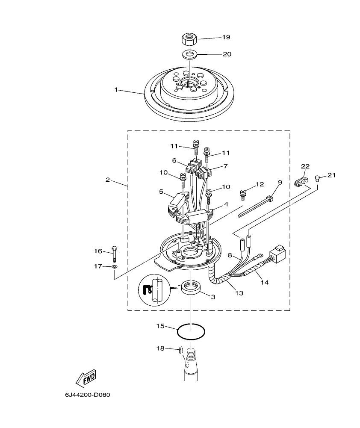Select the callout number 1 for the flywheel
(x=115, y=90)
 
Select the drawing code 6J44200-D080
(x=88, y=395)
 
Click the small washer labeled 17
(x=114, y=267)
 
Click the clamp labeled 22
(x=301, y=182)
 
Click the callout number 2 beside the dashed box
(x=108, y=180)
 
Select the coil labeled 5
(x=174, y=203)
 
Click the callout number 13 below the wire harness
(x=239, y=293)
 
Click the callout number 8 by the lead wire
(x=229, y=256)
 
